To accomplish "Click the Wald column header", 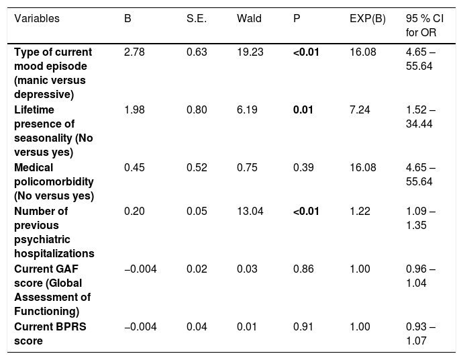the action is pos(249,19).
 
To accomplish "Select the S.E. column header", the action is pos(197,19).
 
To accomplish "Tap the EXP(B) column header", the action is pos(368,19).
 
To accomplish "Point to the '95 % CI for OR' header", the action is pos(425,26).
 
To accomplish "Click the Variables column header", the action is pos(37,19).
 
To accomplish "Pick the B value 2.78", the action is pos(134,52).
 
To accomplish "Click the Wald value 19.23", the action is pos(250,52).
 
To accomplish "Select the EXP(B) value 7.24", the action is pos(360,110).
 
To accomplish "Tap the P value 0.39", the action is pos(303,168).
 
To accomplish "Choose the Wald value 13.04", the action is pos(250,212).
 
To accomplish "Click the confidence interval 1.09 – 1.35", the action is pos(421,218).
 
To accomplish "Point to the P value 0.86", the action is pos(303,269).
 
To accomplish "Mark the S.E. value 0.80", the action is pos(197,110).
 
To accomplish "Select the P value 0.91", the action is pos(303,327).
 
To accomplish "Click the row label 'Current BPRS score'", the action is pos(50,334).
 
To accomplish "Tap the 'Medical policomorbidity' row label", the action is pos(54,175).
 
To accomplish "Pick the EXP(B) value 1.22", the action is pos(360,212).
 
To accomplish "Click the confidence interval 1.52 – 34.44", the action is pos(421,117).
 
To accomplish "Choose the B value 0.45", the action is pos(134,168).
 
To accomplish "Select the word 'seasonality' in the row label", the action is pos(43,138).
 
